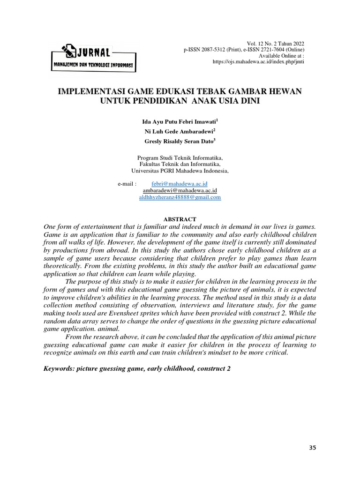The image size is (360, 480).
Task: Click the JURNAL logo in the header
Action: coord(93,58)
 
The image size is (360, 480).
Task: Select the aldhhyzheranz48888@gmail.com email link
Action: coord(180,198)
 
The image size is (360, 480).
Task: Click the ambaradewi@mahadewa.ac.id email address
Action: coord(180,191)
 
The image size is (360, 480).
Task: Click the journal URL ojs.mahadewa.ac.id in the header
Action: coord(258,61)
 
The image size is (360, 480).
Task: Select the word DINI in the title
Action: coord(248,100)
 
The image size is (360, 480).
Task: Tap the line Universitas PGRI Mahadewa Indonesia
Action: coord(180,171)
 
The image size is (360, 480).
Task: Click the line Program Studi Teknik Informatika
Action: coord(180,158)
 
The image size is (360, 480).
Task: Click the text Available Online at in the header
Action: coord(278,55)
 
